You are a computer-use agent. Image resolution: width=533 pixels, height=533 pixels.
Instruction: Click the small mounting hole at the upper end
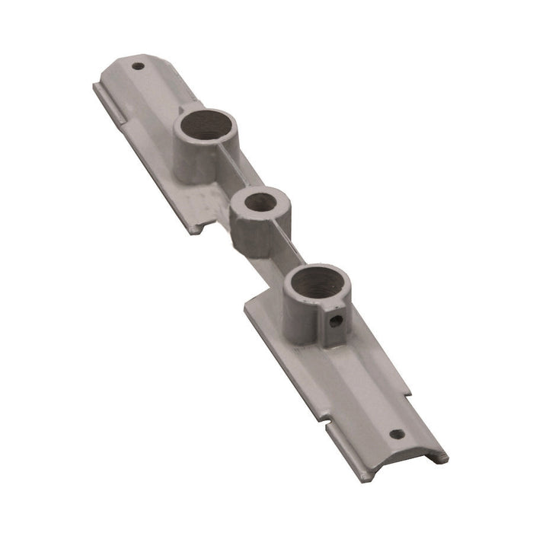tap(138, 66)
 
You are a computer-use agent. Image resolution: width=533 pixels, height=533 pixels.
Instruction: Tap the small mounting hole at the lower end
tap(395, 435)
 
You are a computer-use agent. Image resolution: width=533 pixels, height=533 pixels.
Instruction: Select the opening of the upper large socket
tap(207, 123)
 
